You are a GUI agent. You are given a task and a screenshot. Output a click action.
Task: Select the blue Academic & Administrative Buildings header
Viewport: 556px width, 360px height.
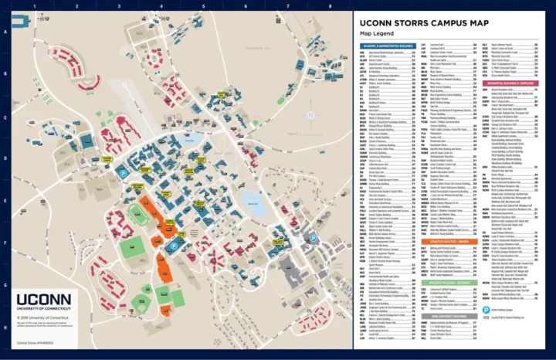[384, 46]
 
